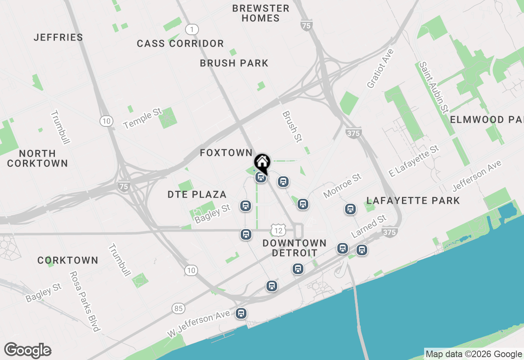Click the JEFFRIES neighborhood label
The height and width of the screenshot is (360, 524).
click(59, 37)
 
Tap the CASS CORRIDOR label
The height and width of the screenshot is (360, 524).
click(180, 43)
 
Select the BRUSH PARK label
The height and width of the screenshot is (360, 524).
click(234, 63)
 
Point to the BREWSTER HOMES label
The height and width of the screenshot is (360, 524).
click(260, 13)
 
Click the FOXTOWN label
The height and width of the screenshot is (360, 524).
click(226, 153)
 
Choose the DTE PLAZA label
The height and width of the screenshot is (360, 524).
click(197, 195)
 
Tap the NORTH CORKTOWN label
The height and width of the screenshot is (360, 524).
click(37, 158)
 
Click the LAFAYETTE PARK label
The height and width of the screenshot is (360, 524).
click(413, 200)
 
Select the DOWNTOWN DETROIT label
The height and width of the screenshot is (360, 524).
click(294, 248)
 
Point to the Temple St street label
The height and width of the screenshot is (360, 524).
click(143, 119)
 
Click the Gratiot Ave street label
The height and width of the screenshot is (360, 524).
click(380, 69)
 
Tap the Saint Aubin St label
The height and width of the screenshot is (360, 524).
click(434, 87)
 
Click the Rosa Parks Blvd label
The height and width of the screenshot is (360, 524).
click(84, 301)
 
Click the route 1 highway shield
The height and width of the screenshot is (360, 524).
click(192, 29)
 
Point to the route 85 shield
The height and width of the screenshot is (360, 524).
click(178, 308)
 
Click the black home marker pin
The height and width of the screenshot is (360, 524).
click(262, 162)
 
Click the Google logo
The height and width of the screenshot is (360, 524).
click(27, 351)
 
